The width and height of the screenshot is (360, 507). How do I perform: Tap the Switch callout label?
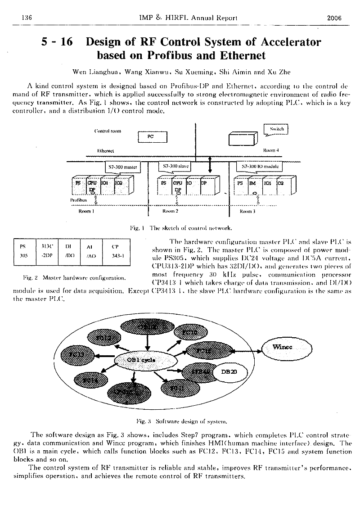point(276,129)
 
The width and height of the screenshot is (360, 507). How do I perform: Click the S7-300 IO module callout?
point(260,166)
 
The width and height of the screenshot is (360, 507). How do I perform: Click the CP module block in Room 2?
point(203,184)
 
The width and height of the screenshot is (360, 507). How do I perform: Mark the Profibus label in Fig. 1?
point(78,200)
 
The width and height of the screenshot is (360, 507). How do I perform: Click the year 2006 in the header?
point(334,18)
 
